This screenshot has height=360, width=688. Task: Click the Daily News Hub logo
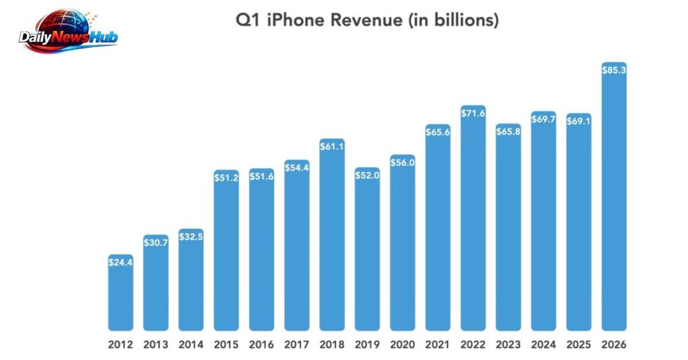68,34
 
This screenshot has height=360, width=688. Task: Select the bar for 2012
121,296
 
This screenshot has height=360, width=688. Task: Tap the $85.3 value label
614,70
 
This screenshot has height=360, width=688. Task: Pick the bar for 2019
368,255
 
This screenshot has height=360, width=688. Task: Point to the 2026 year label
614,345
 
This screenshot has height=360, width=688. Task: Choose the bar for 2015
226,255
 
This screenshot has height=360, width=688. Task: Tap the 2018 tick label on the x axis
332,345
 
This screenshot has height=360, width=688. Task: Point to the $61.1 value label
332,146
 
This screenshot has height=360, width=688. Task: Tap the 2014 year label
191,345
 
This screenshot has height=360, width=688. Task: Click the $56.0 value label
402,163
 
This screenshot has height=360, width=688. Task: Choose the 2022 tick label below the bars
473,345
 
